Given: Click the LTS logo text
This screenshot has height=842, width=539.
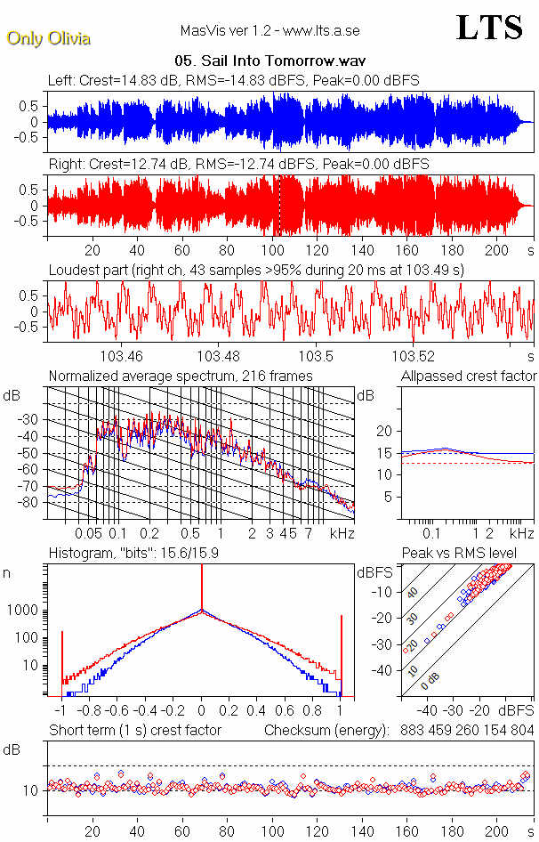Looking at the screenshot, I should click(x=488, y=28).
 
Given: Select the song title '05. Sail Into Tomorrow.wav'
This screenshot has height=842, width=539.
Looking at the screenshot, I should click(x=271, y=61).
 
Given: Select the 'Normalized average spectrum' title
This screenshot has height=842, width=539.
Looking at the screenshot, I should click(x=181, y=376).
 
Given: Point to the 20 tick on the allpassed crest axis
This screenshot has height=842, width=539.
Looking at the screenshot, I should click(x=384, y=431).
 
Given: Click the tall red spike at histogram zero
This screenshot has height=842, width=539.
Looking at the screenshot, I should click(x=202, y=587).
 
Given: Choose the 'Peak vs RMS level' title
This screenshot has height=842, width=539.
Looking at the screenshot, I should click(x=459, y=554).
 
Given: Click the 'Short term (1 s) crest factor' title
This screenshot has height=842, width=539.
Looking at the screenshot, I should click(x=134, y=730).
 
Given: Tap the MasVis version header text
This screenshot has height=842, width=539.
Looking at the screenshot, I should click(x=270, y=31).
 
